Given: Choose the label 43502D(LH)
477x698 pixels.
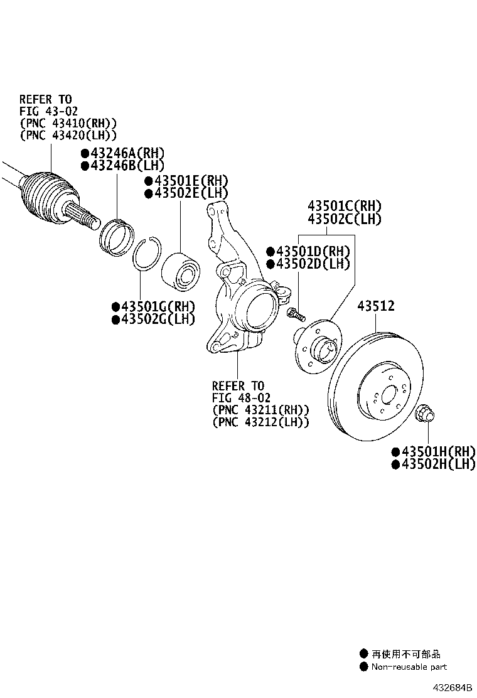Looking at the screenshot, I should (x=308, y=264).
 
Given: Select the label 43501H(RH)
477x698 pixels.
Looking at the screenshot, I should (x=433, y=451).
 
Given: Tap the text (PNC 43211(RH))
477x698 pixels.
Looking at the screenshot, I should (x=260, y=410).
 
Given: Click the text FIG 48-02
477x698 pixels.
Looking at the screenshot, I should (x=241, y=398).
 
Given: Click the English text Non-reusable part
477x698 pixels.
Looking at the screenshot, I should (x=409, y=667).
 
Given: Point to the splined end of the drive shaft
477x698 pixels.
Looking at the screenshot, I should (x=85, y=216).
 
